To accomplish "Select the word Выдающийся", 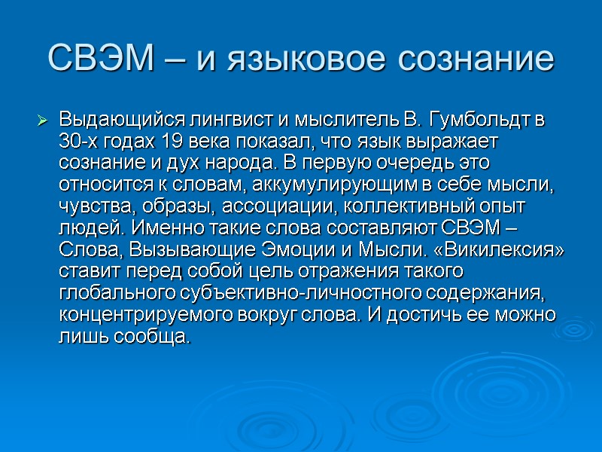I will click(x=112, y=119).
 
